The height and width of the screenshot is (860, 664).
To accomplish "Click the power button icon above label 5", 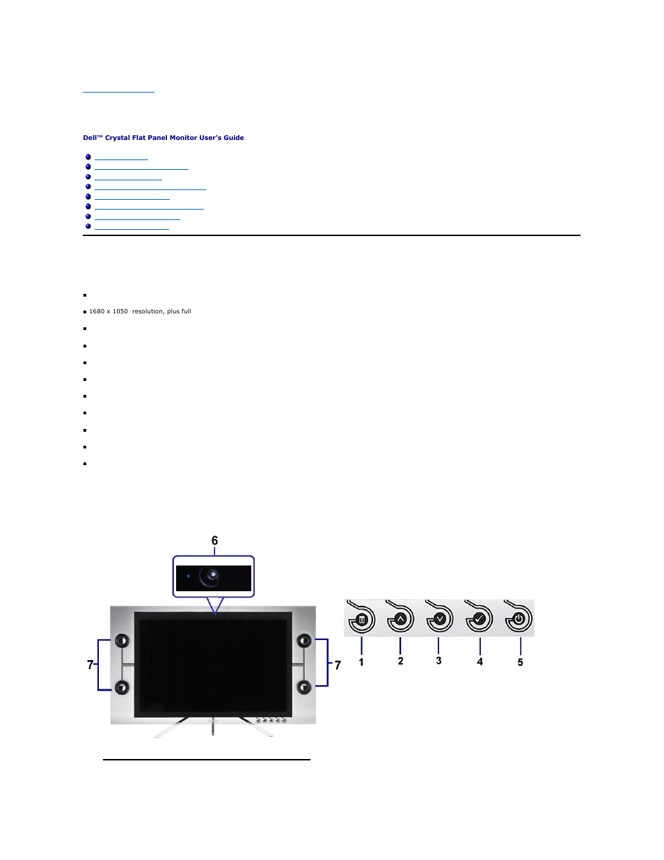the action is [x=519, y=618].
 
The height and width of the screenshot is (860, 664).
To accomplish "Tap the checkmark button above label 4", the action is [x=479, y=618].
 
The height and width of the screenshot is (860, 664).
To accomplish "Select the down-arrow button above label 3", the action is [x=439, y=618].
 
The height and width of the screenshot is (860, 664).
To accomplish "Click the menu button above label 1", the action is [x=361, y=619].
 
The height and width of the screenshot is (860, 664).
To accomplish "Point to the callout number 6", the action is [x=214, y=541].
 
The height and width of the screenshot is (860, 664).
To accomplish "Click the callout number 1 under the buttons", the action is [x=361, y=662].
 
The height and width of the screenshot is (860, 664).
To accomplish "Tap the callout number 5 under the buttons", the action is [x=520, y=662].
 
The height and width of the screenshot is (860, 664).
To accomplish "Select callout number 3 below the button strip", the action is [x=438, y=661].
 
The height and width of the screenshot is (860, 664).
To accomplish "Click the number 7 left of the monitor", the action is [x=90, y=665].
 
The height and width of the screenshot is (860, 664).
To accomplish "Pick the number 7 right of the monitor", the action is [x=338, y=666].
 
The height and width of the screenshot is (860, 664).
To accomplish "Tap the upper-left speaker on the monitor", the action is [x=122, y=641].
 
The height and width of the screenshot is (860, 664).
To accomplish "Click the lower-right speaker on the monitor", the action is [x=304, y=687].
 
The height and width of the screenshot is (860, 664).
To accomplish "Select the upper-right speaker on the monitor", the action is [x=304, y=641].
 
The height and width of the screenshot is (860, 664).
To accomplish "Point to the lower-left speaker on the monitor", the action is [x=122, y=688].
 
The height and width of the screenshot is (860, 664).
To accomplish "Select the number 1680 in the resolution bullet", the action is [x=98, y=311].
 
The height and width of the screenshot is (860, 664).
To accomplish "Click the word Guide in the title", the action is [x=234, y=138].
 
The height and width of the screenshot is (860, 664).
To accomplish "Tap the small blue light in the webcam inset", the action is [x=188, y=576].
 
